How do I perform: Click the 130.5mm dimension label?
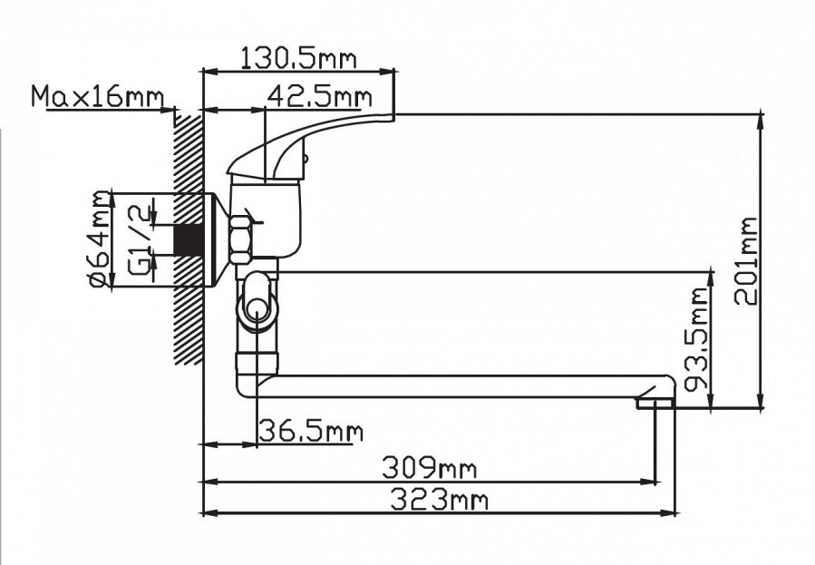tap(298, 59)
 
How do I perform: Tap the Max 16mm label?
tap(97, 96)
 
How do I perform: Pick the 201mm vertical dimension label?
tap(745, 260)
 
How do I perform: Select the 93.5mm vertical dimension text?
tap(697, 338)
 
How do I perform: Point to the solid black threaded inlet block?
tap(187, 239)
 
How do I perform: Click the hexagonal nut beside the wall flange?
tap(242, 239)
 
